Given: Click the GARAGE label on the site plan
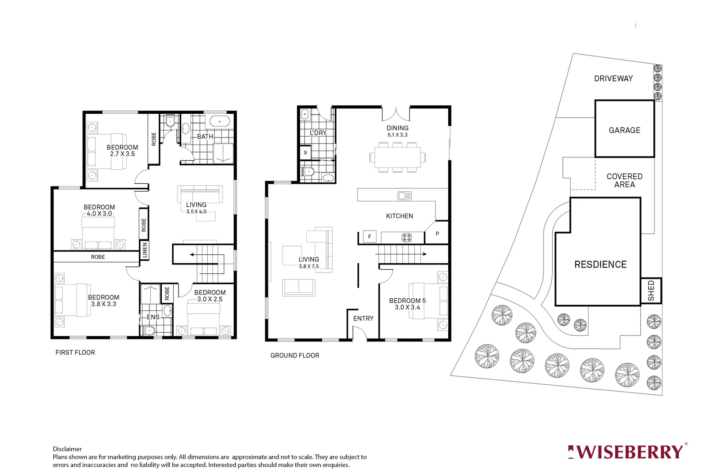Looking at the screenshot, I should [624, 130].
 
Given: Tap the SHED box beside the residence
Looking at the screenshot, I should [651, 291].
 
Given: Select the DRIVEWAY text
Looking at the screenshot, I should [613, 78].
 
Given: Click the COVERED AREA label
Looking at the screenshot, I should [624, 180].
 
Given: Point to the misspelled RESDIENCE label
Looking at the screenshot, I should [600, 264].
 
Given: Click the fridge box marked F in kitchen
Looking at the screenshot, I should [369, 237].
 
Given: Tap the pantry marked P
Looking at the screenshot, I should [437, 234].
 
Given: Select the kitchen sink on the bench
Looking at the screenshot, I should [405, 195].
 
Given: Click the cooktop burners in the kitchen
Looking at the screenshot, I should [406, 238].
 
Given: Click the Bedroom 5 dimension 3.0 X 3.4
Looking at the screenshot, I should [407, 307].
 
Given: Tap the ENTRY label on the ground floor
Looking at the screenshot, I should [363, 318].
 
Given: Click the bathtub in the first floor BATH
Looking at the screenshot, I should [219, 122].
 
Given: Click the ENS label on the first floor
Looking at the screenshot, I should [153, 317].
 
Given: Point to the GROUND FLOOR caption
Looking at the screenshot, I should [294, 355].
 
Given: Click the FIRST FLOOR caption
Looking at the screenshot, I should [75, 352].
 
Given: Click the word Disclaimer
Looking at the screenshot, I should [67, 449].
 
